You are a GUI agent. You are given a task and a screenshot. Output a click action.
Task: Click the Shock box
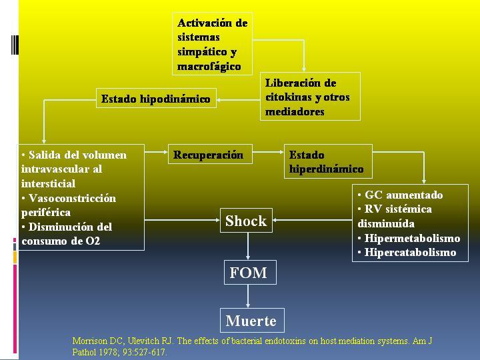click(x=246, y=221)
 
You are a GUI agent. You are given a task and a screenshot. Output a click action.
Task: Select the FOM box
click(x=250, y=273)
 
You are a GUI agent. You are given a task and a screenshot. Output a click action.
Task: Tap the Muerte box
click(x=252, y=321)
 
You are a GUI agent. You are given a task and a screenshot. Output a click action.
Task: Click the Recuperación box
click(x=210, y=154)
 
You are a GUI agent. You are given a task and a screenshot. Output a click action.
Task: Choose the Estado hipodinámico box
click(x=156, y=98)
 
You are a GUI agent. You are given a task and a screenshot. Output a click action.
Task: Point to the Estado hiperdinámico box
click(x=328, y=161)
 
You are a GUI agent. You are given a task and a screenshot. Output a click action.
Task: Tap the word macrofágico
click(x=209, y=67)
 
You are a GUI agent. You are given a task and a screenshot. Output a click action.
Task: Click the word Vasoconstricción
click(x=72, y=199)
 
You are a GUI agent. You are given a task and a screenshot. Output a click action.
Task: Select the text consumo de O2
click(x=61, y=241)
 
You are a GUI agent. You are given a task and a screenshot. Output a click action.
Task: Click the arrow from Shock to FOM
click(x=248, y=247)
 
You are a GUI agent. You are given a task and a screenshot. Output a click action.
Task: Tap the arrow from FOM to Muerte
click(x=248, y=296)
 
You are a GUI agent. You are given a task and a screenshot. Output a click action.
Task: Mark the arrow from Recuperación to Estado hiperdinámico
click(x=268, y=152)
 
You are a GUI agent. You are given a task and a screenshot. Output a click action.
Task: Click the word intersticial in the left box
click(x=49, y=184)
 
